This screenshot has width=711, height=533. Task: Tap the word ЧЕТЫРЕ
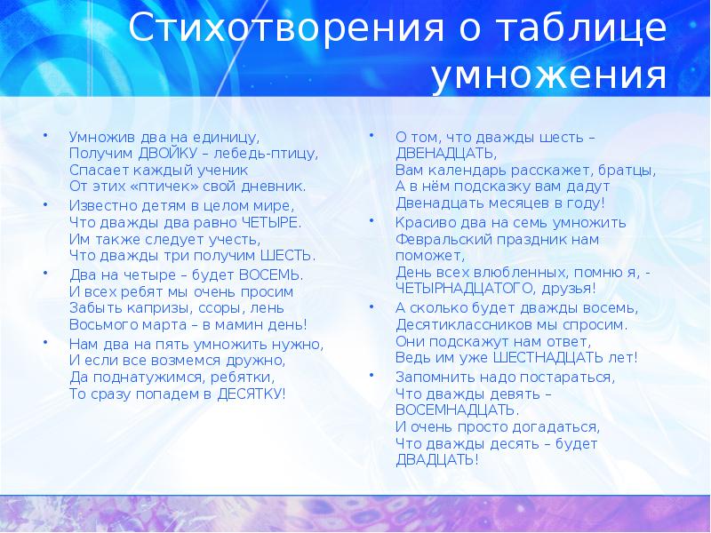tap(271, 223)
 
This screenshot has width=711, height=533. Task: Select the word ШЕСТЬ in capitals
tap(287, 256)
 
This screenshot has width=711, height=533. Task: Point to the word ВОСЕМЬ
tap(271, 275)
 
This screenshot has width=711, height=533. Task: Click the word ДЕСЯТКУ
tap(252, 394)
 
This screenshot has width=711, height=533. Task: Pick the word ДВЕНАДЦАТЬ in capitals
tap(446, 154)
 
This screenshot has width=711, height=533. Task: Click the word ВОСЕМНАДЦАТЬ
tap(457, 410)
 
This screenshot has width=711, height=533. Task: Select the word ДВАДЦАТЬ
tap(437, 460)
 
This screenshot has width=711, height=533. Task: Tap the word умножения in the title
tap(549, 75)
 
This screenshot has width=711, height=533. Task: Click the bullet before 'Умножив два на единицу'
tap(45, 135)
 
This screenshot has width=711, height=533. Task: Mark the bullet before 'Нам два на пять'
tap(45, 342)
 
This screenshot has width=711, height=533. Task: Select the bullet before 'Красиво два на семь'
tap(371, 220)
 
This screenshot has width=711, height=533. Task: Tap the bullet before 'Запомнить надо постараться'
tap(371, 375)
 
